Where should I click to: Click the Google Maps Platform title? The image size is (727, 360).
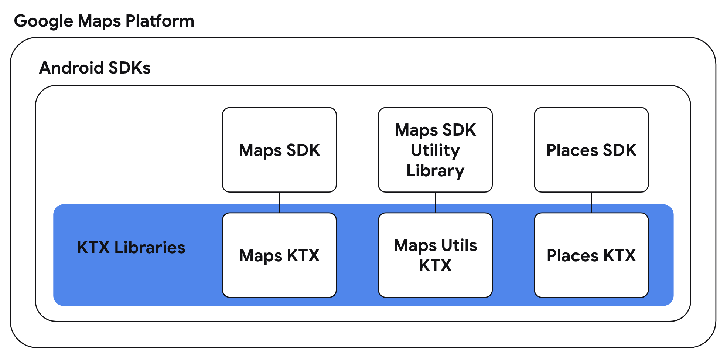[104, 21]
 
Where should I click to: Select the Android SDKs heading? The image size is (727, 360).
[95, 68]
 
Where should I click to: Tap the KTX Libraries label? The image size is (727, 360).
[131, 248]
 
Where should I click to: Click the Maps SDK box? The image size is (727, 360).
[279, 150]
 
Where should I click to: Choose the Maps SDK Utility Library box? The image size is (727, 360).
[435, 150]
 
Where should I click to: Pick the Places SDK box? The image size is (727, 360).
[591, 150]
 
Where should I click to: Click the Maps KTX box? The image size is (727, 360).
[279, 255]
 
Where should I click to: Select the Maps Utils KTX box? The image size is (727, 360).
[435, 255]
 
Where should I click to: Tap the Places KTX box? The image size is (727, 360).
[591, 255]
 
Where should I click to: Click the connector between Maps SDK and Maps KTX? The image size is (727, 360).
[279, 202]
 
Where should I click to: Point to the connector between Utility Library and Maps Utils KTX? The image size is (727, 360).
[435, 202]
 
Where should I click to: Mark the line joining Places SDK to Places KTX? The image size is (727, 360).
[591, 202]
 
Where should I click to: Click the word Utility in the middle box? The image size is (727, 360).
[435, 150]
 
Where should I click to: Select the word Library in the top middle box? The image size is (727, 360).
[435, 171]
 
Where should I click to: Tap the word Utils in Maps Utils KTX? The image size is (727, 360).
[459, 245]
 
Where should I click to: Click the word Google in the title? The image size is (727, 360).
[44, 21]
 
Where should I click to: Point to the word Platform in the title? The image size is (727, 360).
[160, 21]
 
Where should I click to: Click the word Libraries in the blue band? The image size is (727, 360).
[150, 248]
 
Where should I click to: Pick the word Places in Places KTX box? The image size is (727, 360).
[572, 256]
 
